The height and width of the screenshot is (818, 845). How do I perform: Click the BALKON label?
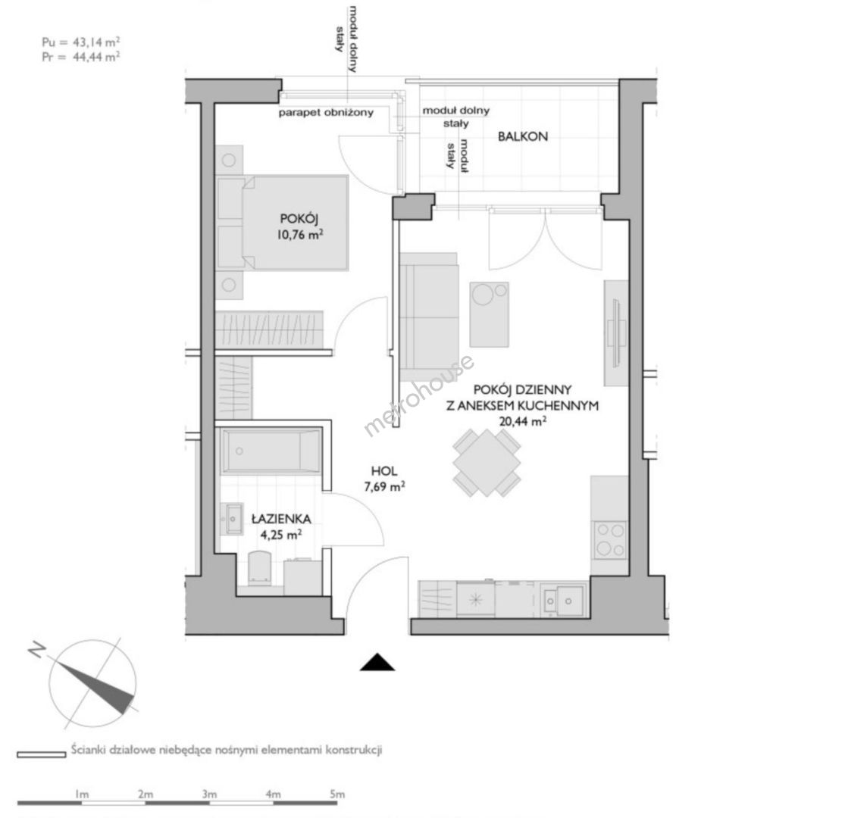522,136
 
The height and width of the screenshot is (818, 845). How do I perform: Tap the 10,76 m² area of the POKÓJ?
300,234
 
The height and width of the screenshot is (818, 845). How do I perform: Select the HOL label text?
384,471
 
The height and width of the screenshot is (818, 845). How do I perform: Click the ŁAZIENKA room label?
281,519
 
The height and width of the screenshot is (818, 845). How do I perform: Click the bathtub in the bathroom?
271,451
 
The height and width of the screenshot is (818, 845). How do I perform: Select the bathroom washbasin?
233,519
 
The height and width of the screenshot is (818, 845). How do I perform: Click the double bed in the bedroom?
282,223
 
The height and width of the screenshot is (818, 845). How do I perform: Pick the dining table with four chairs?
487,463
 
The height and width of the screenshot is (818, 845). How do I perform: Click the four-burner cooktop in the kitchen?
610,539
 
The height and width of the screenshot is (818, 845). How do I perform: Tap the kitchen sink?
563,600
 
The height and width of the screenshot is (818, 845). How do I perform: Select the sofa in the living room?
429,317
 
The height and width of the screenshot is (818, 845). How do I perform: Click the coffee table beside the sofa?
489,314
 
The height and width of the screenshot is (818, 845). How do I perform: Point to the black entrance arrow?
377,662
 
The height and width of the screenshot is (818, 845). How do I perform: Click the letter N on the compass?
36,649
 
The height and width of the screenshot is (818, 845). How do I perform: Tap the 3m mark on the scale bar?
210,794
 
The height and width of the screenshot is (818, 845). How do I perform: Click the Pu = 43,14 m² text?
81,42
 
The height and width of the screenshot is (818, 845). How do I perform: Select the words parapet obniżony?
326,113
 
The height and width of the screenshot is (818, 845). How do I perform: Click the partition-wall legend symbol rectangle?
42,754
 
